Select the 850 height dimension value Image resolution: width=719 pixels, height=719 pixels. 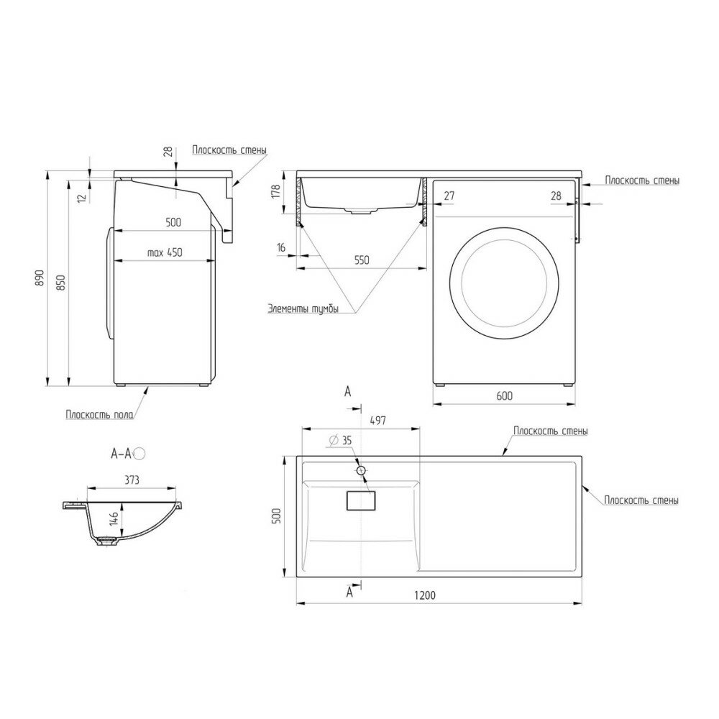coord(61,284)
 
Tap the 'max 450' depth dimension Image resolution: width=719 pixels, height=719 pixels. coord(165,252)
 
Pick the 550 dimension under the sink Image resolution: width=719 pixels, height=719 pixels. coord(361,261)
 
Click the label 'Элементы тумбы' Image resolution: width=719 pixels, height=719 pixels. coord(303,310)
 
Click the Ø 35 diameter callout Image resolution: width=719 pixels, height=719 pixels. coord(340,441)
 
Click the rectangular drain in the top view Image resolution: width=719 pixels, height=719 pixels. coord(361,500)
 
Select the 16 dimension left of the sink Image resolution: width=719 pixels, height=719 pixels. coord(280,247)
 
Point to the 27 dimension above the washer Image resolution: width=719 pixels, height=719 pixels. coord(449,195)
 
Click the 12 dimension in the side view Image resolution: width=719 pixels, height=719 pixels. coord(81,194)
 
